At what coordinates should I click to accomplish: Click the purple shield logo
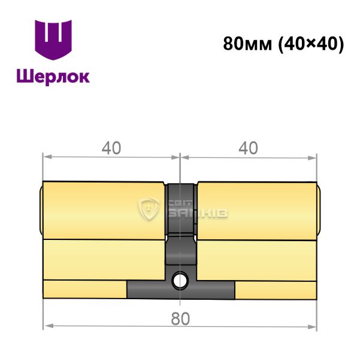(x=53, y=39)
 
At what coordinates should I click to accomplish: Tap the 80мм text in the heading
(x=247, y=44)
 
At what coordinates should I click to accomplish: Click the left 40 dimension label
(x=111, y=148)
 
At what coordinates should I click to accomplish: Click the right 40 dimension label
(x=248, y=148)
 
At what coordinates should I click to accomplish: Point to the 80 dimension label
(x=180, y=318)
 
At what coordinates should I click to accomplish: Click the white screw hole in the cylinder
(x=180, y=280)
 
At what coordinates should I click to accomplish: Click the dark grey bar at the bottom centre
(x=181, y=290)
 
